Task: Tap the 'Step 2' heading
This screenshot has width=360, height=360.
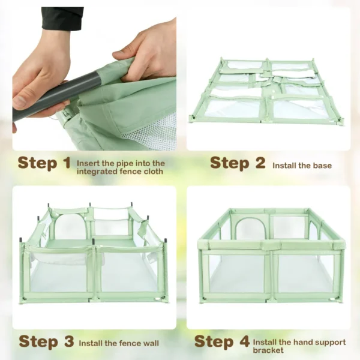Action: click(x=238, y=163)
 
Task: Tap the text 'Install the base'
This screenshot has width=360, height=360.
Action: click(x=302, y=165)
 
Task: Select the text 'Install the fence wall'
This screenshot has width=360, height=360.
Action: click(x=119, y=343)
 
